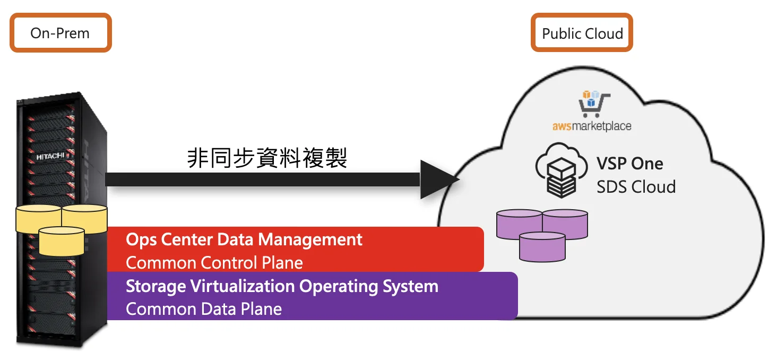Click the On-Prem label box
click(x=60, y=33)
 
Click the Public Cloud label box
click(x=582, y=33)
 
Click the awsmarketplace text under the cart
click(x=592, y=126)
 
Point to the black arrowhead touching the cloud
click(x=438, y=179)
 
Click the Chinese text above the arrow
click(x=267, y=158)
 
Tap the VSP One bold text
click(x=629, y=163)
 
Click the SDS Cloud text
click(x=636, y=187)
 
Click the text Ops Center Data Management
click(x=244, y=239)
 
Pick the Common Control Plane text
click(x=214, y=262)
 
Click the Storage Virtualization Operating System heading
click(x=282, y=286)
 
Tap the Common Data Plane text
click(x=204, y=309)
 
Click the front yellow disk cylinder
click(x=62, y=242)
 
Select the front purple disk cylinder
click(x=542, y=247)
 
